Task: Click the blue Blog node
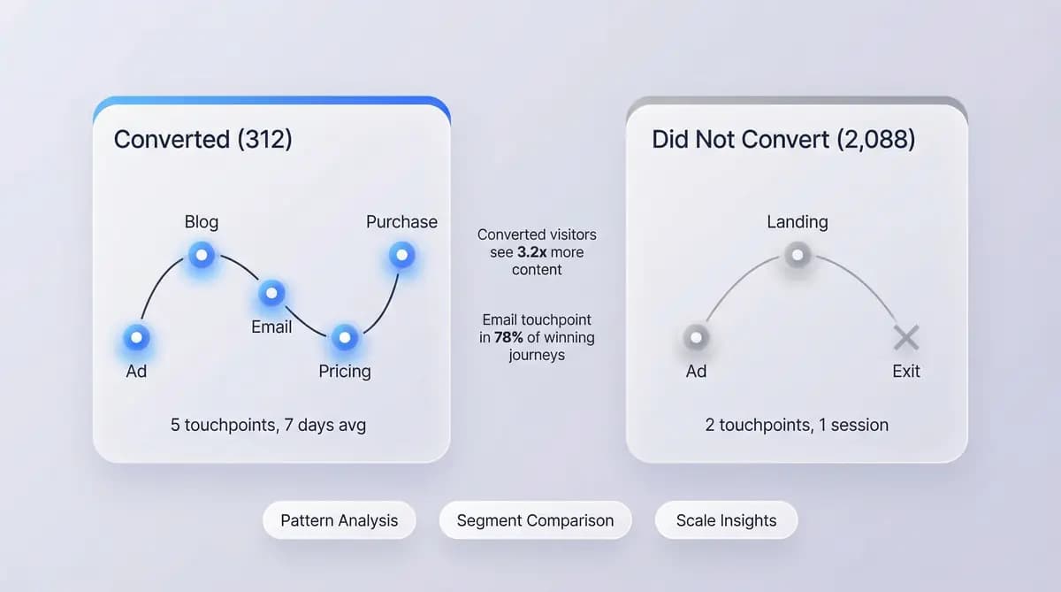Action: pyautogui.click(x=201, y=256)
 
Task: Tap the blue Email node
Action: pyautogui.click(x=271, y=293)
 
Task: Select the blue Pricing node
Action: pyautogui.click(x=344, y=337)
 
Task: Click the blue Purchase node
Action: pyautogui.click(x=401, y=256)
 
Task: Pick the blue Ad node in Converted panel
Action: pyautogui.click(x=136, y=337)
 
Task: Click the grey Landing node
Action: pyautogui.click(x=797, y=256)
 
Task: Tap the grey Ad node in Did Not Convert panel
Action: pyautogui.click(x=696, y=337)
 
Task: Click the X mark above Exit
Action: pyautogui.click(x=905, y=337)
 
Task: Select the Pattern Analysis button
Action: pyautogui.click(x=339, y=520)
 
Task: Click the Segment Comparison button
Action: pyautogui.click(x=535, y=520)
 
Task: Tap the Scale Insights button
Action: pyautogui.click(x=726, y=520)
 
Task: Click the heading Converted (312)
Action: pyautogui.click(x=202, y=139)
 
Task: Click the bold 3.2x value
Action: pyautogui.click(x=532, y=252)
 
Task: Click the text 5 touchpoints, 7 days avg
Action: pyautogui.click(x=268, y=425)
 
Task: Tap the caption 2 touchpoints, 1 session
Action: pyautogui.click(x=797, y=425)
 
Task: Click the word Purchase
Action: pyautogui.click(x=401, y=221)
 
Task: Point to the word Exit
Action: pyautogui.click(x=905, y=371)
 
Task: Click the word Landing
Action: pyautogui.click(x=797, y=221)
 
